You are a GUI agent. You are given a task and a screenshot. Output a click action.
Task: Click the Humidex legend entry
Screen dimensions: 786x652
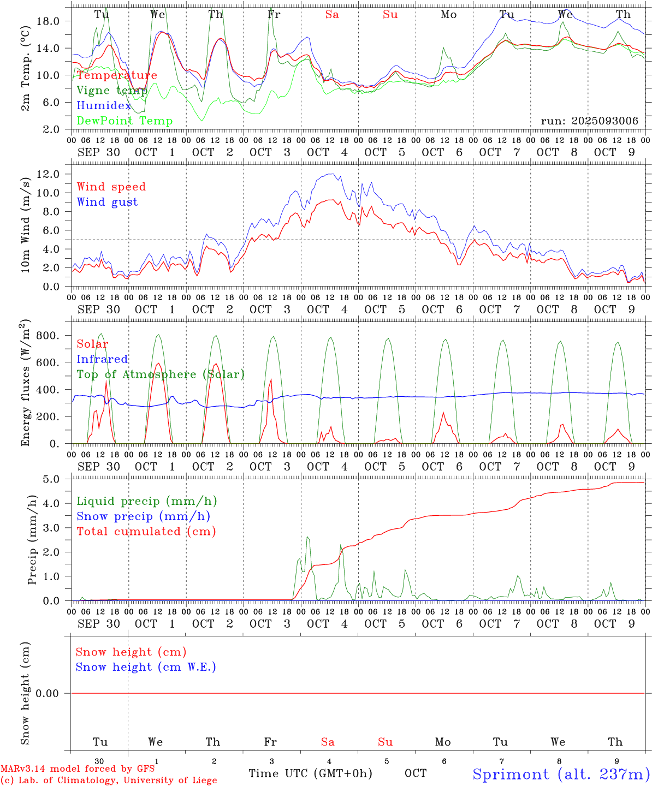(x=104, y=106)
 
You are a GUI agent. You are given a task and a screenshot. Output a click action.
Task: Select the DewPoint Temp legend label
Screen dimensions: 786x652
(x=125, y=121)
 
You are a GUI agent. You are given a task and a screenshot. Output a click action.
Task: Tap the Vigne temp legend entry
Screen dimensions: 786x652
(x=111, y=91)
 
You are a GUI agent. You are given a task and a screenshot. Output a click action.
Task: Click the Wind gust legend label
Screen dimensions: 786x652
(x=107, y=202)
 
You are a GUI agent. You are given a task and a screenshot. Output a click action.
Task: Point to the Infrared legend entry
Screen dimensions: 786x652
(x=102, y=359)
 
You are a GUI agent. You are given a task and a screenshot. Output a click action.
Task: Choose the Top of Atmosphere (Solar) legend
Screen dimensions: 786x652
(x=160, y=374)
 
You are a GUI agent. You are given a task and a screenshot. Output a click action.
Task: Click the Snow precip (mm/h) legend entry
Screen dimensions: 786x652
(x=143, y=516)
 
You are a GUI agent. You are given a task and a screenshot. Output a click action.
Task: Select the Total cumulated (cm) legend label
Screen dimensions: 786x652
(x=146, y=532)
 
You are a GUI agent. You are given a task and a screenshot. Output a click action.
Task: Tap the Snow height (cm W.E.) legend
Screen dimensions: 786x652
(x=145, y=667)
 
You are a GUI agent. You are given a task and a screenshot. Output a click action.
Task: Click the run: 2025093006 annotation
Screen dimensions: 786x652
(x=589, y=121)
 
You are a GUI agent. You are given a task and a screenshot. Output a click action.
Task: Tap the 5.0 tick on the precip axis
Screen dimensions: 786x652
(x=51, y=479)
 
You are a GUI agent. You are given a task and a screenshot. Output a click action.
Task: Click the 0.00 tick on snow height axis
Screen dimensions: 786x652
(x=47, y=693)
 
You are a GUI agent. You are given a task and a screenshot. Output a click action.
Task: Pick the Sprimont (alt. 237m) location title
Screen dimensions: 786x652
(x=561, y=774)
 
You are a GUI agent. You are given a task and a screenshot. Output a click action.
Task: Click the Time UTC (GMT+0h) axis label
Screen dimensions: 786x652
(x=310, y=773)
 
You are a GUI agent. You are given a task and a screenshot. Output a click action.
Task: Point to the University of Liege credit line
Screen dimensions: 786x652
(x=109, y=781)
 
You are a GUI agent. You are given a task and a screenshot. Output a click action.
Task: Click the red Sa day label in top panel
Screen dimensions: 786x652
(x=332, y=15)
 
